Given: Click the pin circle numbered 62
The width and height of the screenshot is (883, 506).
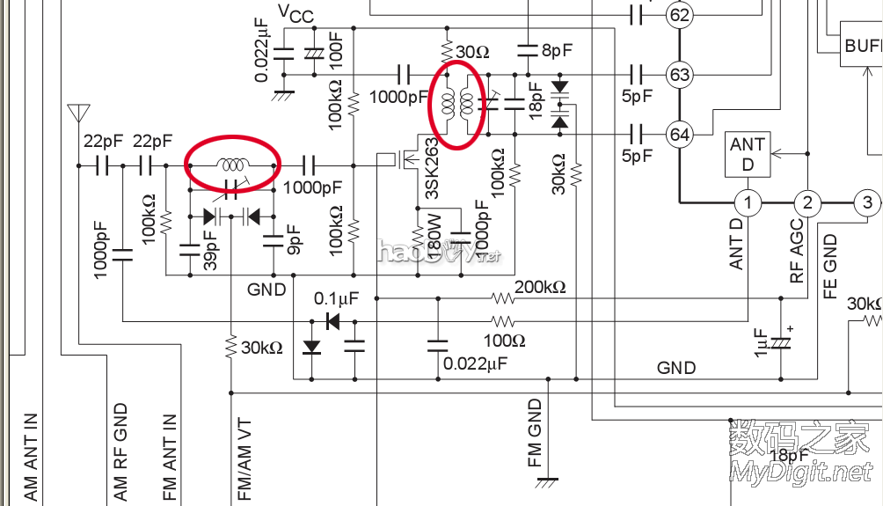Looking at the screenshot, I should [x=679, y=15].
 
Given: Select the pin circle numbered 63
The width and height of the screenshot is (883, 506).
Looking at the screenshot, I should [x=679, y=75].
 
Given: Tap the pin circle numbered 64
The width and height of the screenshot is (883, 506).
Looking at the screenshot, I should [x=679, y=135].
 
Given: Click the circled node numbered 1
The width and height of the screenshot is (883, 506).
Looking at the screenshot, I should [x=747, y=203].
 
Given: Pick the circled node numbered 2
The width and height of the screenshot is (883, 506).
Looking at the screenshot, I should [x=806, y=203].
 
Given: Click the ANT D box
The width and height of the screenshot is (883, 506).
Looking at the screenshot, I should [x=748, y=154].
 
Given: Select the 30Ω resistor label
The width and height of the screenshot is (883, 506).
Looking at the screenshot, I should [x=472, y=53].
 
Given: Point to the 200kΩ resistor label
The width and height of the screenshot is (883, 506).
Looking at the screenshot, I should [x=540, y=288].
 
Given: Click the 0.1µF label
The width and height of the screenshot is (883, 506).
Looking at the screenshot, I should [x=336, y=299].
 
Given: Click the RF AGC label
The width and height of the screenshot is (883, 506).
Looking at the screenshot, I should [x=797, y=250].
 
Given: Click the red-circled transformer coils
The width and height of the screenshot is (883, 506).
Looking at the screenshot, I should [x=456, y=105].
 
